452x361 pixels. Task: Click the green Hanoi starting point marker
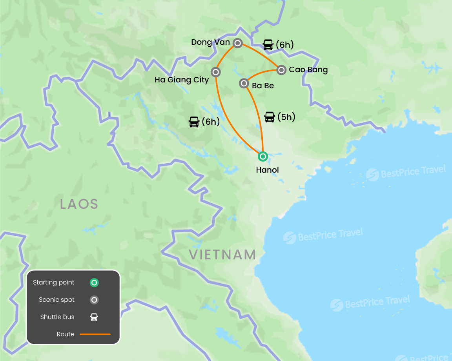262,157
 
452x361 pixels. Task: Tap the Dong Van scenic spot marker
237,43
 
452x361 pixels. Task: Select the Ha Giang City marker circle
215,72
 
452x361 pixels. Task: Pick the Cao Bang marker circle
281,70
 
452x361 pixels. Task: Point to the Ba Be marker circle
244,83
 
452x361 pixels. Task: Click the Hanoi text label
267,170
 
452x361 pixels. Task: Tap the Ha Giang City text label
182,80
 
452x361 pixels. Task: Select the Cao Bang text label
308,70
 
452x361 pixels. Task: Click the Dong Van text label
211,42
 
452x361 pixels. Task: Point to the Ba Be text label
263,85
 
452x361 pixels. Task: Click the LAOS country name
79,204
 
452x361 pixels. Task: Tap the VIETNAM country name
222,255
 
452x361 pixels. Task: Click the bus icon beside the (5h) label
270,117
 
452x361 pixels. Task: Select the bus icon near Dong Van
268,45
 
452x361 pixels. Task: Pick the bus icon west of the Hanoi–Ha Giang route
194,122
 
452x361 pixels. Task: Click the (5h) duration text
286,117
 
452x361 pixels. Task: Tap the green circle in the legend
94,283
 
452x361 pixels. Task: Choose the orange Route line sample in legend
95,334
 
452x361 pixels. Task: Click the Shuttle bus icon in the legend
94,317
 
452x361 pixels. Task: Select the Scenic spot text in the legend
56,300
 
